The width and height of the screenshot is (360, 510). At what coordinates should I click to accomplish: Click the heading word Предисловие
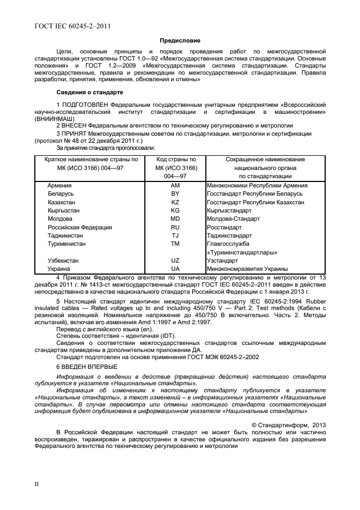[x=180, y=40]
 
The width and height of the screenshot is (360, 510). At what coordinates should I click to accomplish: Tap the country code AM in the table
[x=175, y=186]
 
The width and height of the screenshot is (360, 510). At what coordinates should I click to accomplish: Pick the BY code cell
[x=175, y=194]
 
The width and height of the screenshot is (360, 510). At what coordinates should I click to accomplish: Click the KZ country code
[x=175, y=202]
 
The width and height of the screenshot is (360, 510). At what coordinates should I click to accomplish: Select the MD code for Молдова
[x=175, y=219]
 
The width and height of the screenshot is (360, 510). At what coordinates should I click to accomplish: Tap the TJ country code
[x=175, y=236]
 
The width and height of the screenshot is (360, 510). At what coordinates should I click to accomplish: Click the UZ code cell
[x=175, y=261]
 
